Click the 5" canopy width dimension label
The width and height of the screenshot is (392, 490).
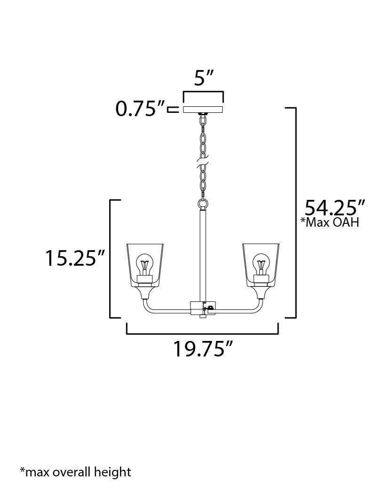coord(204,78)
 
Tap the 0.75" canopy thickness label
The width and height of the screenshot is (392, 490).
coord(140,109)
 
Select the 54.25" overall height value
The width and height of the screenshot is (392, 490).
coord(335,207)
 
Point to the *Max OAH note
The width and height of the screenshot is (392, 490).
coord(329,222)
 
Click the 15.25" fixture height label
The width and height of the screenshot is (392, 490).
coord(74,258)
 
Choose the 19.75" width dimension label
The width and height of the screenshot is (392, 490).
coord(203,349)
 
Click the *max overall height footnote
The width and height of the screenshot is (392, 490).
coord(75,471)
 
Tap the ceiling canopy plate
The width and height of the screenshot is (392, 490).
coord(203,109)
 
